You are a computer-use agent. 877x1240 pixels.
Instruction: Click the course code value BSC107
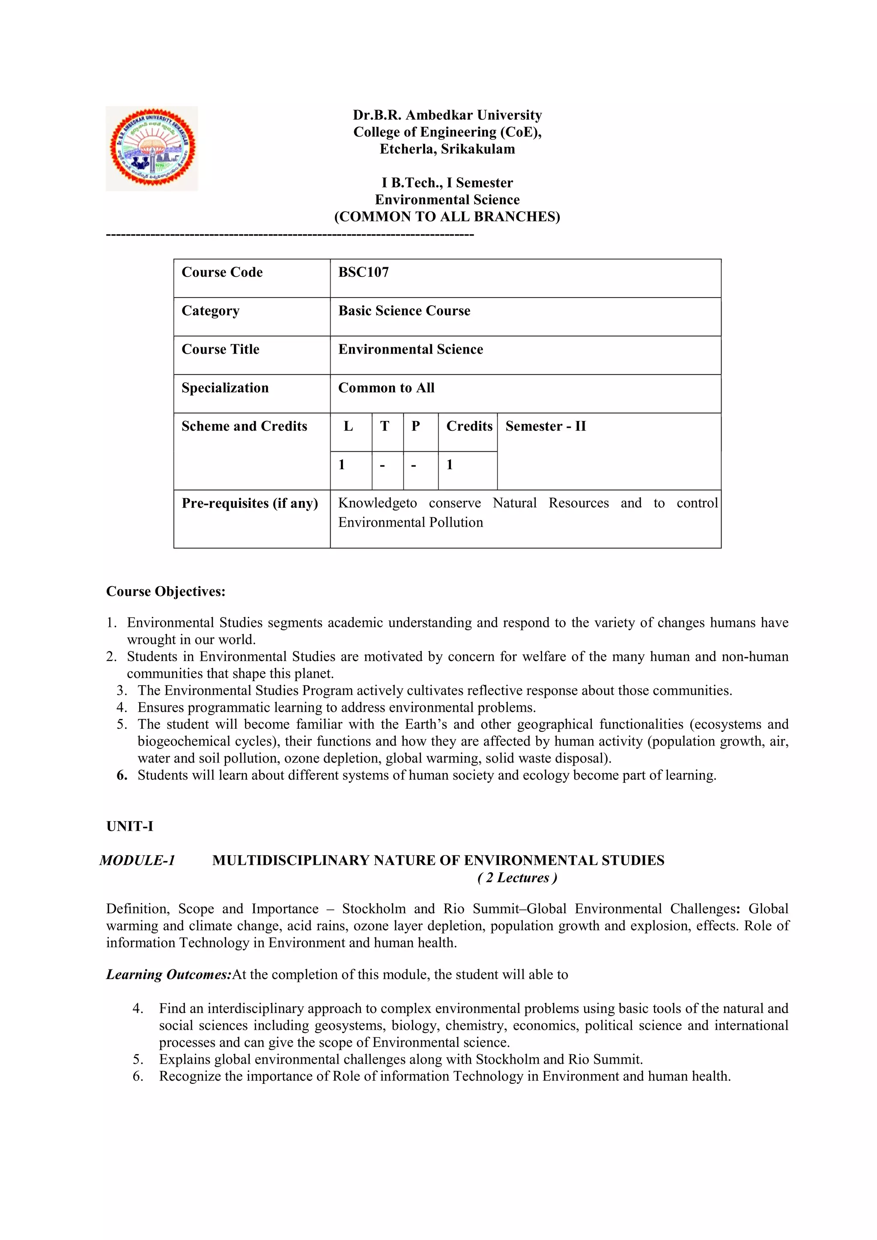(364, 272)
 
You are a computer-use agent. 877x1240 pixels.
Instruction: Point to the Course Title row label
(221, 349)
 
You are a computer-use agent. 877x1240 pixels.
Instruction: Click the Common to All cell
(386, 388)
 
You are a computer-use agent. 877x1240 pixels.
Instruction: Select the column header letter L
(348, 426)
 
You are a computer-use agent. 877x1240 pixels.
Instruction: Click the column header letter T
(385, 426)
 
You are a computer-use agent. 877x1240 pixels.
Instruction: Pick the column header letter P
(415, 426)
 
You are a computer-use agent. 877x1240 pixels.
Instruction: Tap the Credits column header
(469, 426)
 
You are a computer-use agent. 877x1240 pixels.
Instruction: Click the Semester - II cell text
(546, 426)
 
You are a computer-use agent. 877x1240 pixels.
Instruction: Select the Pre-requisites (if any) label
(250, 504)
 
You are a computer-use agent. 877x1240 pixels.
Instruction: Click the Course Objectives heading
(166, 591)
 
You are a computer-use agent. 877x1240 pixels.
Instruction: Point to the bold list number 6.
(122, 775)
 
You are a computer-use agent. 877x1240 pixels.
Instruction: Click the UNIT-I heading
(130, 826)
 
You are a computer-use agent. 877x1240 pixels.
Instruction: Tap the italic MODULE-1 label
(137, 860)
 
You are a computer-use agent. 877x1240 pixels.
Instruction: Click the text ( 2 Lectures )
(517, 878)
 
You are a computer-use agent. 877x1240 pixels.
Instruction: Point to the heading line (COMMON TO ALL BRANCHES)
(447, 217)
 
